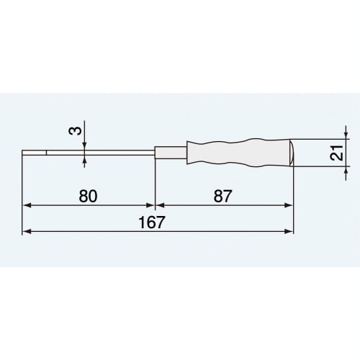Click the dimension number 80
tap(89, 196)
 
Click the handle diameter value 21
tap(335, 153)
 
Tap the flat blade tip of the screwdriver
tap(35, 152)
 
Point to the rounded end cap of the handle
tap(288, 152)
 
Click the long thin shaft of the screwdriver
tap(101, 152)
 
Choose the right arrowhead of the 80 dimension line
tap(150, 205)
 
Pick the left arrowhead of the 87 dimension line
tap(159, 205)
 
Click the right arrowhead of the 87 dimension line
tap(289, 205)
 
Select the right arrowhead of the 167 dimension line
tap(289, 231)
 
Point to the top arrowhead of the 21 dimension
tap(348, 135)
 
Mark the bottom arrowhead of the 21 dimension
tap(348, 170)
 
